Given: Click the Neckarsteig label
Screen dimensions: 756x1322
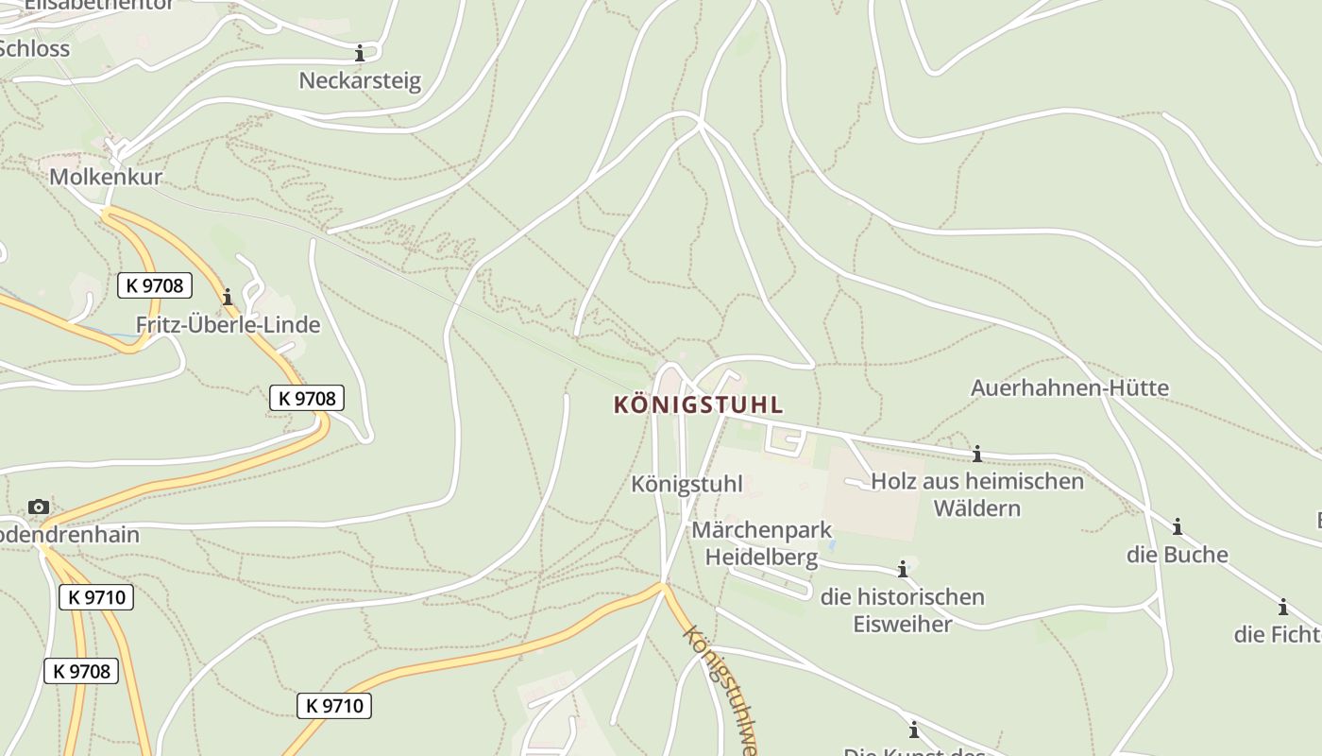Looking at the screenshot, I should click(360, 80).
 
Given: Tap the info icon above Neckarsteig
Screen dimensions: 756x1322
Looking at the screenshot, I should click(360, 53).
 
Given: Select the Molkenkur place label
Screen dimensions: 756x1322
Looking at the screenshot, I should click(106, 177).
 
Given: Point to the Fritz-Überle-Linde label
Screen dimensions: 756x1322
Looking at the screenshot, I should click(228, 325).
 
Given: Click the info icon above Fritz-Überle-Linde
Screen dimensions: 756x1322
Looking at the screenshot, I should click(227, 298).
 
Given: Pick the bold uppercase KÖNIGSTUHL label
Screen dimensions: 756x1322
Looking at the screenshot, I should click(699, 405).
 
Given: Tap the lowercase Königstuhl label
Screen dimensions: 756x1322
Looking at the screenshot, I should click(686, 484).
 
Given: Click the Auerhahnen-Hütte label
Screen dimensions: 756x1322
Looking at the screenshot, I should click(1070, 387).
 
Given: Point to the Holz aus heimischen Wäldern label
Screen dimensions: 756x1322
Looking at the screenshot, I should click(977, 494).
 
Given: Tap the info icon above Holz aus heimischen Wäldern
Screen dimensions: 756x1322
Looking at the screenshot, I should click(977, 455).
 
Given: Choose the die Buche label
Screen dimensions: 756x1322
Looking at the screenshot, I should click(1177, 555).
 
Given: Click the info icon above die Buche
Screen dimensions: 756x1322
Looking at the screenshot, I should click(1177, 527).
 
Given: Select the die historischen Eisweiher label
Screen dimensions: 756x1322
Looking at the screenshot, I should click(903, 610).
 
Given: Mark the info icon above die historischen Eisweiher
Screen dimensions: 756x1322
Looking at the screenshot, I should click(903, 569).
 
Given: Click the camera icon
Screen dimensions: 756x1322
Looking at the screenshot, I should click(39, 507).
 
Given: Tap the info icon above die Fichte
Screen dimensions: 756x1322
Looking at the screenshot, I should click(1282, 608).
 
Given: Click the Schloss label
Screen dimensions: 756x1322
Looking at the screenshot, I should click(34, 48).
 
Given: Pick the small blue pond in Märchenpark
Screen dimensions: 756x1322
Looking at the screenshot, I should click(830, 545).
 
